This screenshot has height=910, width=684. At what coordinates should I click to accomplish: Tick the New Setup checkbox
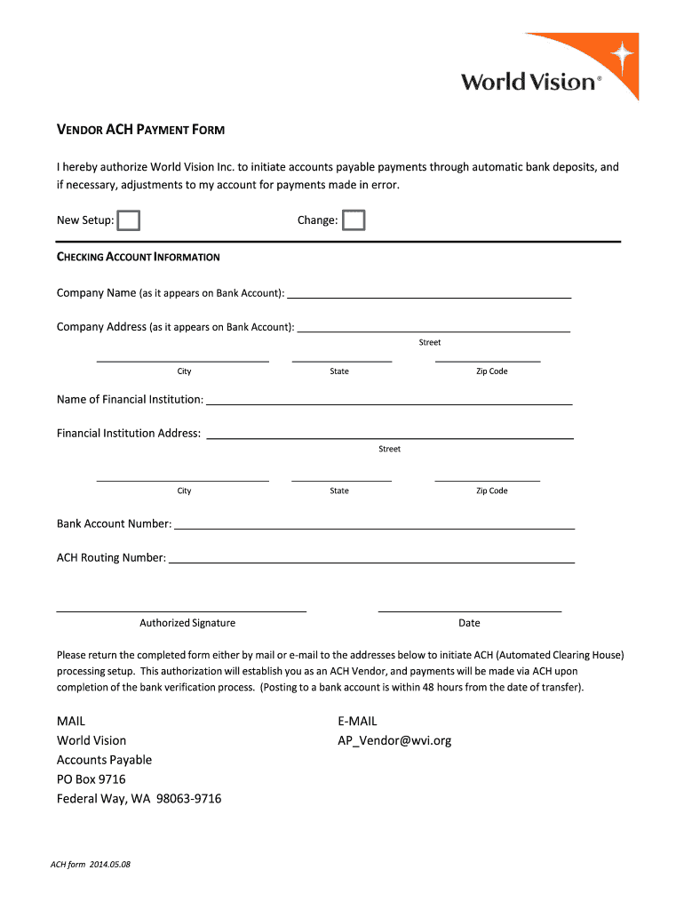[130, 220]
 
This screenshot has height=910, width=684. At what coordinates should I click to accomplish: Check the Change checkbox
[354, 220]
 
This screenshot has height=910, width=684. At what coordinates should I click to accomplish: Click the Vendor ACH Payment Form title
[140, 130]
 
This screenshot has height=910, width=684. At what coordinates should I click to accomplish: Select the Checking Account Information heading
[139, 257]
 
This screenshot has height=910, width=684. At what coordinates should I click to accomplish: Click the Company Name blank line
[428, 295]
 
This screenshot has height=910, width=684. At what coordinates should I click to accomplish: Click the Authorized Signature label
[187, 623]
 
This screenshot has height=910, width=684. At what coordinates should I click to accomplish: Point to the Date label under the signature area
[469, 623]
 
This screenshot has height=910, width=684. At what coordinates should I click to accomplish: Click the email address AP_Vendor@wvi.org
[394, 740]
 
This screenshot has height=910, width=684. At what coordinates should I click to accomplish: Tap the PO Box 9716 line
[91, 779]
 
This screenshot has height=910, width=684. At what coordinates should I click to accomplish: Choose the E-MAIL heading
[357, 722]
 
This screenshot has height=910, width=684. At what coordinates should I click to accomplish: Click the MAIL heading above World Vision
[71, 722]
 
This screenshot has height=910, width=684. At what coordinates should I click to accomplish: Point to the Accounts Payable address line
[104, 760]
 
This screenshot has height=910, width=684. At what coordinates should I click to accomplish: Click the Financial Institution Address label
[129, 434]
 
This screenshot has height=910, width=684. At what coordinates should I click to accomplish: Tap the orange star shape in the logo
[623, 55]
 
